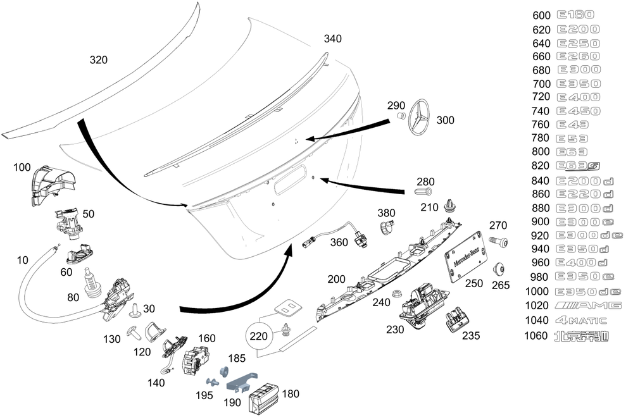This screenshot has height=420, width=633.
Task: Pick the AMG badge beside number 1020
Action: (588, 306)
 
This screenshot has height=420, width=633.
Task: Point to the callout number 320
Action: (98, 60)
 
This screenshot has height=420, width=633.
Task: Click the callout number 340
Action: (332, 39)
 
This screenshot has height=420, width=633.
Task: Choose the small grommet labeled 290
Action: (401, 116)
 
